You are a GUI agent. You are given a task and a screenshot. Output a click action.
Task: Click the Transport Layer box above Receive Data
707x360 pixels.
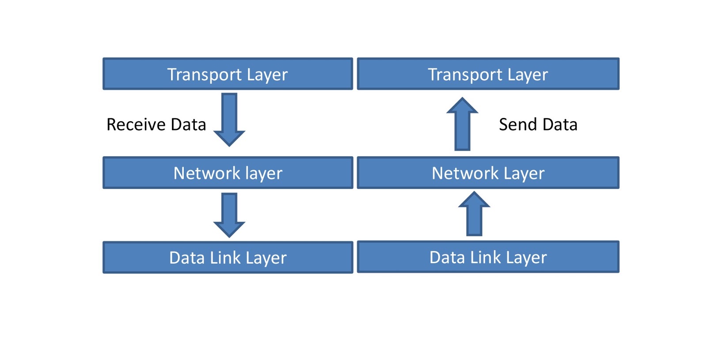228,74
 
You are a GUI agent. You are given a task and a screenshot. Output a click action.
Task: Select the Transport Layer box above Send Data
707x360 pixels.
488,74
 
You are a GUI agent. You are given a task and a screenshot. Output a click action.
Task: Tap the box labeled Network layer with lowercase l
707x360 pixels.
228,173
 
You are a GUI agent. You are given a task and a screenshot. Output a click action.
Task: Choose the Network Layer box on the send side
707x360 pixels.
488,173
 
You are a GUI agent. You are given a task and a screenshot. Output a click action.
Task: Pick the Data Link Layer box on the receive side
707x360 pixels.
228,258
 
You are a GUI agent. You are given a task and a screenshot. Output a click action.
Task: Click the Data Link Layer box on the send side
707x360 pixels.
488,257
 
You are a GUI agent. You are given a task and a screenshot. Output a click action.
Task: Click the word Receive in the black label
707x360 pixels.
136,125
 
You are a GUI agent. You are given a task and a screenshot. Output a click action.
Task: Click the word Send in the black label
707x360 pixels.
518,125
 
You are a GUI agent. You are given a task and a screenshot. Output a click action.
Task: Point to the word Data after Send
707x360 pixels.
560,125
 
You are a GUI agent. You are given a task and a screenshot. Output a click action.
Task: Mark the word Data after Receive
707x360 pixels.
188,125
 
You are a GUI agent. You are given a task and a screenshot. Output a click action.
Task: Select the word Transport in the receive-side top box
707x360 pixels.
204,75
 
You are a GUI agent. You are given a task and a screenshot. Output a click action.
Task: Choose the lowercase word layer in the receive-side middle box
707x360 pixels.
263,174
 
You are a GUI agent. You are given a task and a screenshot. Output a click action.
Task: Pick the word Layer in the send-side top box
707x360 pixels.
528,75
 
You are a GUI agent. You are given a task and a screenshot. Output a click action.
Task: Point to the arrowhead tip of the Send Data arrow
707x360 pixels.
462,99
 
